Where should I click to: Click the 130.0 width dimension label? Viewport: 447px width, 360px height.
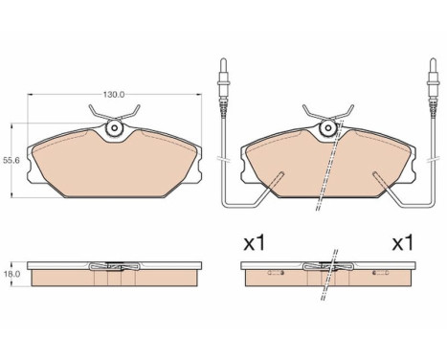[x=115, y=95]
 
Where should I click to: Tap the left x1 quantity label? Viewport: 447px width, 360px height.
[x=253, y=244]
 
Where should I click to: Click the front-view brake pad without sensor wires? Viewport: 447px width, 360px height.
[x=115, y=158]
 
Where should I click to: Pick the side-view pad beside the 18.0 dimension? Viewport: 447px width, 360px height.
[x=115, y=275]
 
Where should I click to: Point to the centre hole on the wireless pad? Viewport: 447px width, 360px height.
[x=115, y=127]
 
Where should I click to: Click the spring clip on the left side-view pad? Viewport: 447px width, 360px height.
[x=115, y=266]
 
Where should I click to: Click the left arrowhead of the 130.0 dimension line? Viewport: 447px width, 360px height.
[x=33, y=95]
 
